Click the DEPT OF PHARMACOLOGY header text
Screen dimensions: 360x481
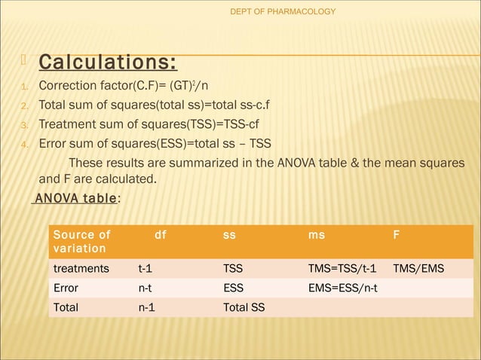tap(282, 11)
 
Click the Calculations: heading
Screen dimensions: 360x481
tap(109, 60)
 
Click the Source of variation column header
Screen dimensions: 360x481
tap(81, 242)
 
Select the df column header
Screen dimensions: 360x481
tap(160, 235)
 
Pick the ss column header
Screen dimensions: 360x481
tap(229, 235)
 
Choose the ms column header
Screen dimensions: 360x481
tap(317, 235)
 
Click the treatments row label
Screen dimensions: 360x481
tap(81, 268)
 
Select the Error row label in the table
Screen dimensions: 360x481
tap(66, 288)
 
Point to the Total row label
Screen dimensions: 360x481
tap(66, 307)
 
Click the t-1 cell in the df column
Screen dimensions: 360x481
tap(148, 268)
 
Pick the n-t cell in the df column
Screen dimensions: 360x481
tap(148, 288)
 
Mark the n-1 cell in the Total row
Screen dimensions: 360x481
tap(148, 307)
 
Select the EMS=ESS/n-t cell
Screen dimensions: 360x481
tap(344, 288)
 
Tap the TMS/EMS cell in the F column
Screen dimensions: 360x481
tap(418, 268)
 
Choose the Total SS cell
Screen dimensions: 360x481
tap(244, 307)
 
